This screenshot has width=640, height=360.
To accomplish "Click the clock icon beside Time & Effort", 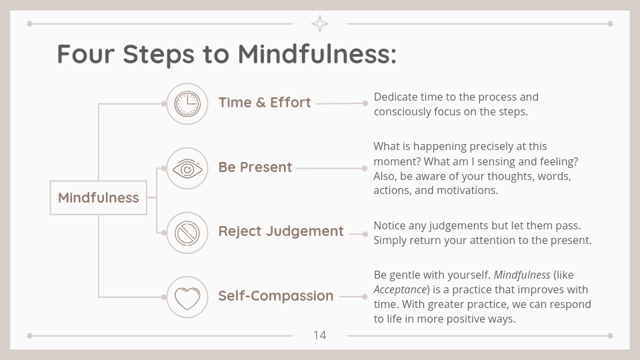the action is (187, 104).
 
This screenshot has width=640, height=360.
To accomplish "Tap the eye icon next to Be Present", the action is (187, 168).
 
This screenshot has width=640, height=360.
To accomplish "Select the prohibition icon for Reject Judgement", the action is (187, 233).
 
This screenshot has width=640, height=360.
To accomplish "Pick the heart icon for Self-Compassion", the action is (187, 298).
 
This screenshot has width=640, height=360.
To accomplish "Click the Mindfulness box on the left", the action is (99, 197).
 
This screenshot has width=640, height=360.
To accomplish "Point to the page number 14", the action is (319, 335).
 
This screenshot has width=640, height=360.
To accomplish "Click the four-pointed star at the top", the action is (320, 24).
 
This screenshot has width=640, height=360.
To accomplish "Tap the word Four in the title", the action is (86, 53).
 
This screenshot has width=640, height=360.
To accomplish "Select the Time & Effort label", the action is (265, 103).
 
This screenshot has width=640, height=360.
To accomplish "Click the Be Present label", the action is (255, 167).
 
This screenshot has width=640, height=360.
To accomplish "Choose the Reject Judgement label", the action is (281, 231).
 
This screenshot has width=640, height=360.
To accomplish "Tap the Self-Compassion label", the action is (276, 295).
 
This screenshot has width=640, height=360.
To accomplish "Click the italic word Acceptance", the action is (400, 290).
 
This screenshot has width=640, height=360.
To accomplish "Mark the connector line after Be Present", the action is (330, 168).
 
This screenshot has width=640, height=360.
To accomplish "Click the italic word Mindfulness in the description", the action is (522, 275).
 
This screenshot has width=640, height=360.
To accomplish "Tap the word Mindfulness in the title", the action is (317, 53).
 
